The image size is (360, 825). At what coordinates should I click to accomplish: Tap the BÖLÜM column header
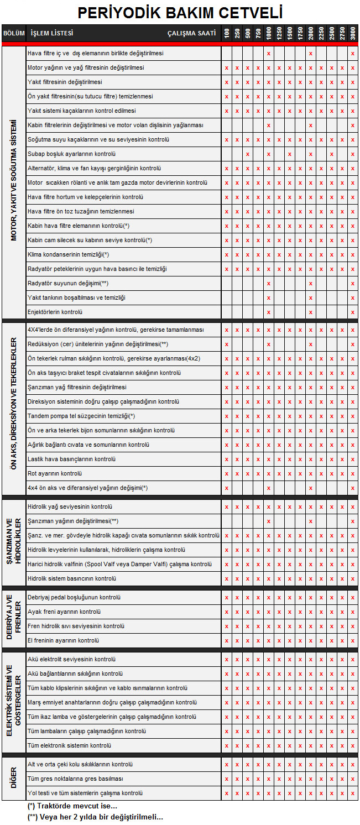tap(14, 33)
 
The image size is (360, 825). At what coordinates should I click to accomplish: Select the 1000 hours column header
tap(269, 33)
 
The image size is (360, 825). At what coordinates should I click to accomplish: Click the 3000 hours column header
tap(353, 33)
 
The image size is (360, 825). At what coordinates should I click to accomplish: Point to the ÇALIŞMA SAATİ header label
tap(191, 33)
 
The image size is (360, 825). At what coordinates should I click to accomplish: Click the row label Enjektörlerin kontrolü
tap(55, 312)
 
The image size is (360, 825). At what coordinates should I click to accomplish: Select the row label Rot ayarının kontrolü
tap(55, 473)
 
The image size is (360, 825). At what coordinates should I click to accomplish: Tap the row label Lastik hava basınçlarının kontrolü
tap(71, 459)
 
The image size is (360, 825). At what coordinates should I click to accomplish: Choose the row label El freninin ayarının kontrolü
tap(63, 640)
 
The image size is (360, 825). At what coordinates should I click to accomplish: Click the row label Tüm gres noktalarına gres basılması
tap(75, 779)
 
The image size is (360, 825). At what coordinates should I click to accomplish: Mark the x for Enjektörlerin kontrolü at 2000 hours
tap(311, 312)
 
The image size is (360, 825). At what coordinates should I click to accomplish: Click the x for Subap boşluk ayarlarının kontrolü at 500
tap(248, 154)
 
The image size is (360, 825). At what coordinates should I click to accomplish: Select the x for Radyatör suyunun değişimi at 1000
tap(269, 284)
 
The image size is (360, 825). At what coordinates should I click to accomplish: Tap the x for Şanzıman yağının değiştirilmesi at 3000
tap(353, 521)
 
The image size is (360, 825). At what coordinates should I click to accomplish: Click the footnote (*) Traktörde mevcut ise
tap(72, 806)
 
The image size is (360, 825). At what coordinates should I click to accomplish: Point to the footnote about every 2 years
tap(95, 817)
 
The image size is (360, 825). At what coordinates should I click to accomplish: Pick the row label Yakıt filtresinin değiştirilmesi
tap(65, 82)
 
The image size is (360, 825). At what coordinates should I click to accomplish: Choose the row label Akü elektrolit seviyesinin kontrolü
tap(71, 659)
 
